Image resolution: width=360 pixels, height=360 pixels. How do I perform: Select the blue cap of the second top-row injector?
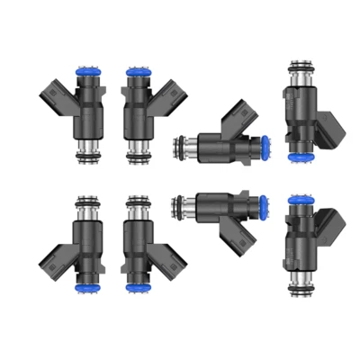(138, 69)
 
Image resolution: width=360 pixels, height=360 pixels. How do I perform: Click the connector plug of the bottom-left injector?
(51, 261)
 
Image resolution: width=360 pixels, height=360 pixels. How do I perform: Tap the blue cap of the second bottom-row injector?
(138, 287)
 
